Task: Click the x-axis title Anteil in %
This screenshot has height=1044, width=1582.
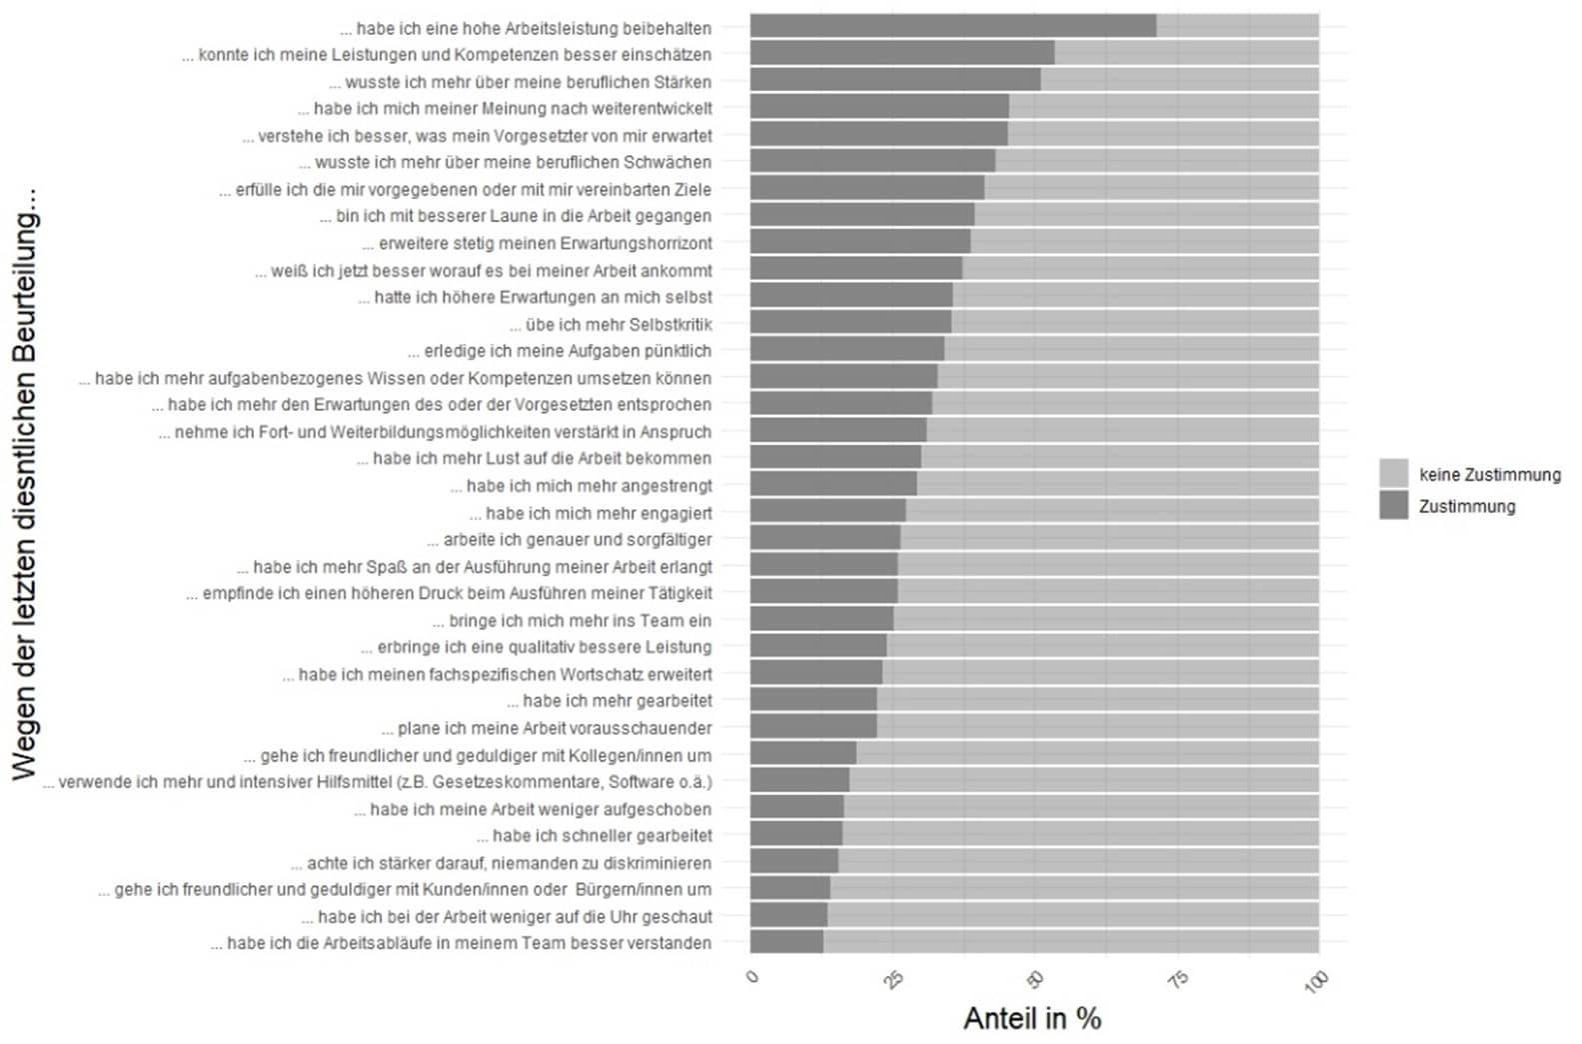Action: (x=1031, y=1018)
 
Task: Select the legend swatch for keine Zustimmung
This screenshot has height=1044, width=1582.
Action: (x=1393, y=474)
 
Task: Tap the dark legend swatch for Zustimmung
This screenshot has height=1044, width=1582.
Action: (x=1393, y=505)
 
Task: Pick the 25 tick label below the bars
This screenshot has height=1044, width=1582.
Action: (x=893, y=979)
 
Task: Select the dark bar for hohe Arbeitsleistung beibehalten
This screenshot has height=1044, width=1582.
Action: (x=952, y=26)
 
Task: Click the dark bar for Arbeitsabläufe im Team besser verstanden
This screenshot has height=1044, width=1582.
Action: (x=787, y=942)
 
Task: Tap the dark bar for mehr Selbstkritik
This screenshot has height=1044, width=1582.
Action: (x=850, y=322)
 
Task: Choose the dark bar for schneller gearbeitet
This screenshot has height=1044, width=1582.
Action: (x=796, y=834)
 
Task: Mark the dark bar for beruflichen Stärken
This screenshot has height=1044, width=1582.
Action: (x=894, y=80)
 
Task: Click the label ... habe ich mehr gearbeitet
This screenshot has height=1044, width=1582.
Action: (x=610, y=701)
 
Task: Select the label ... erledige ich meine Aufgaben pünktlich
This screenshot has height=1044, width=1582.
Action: (x=560, y=351)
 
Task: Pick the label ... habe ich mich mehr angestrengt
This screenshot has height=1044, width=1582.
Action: (x=581, y=486)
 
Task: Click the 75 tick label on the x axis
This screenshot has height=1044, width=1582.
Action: (x=1177, y=979)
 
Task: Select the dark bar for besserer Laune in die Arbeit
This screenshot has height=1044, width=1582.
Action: (x=861, y=215)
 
